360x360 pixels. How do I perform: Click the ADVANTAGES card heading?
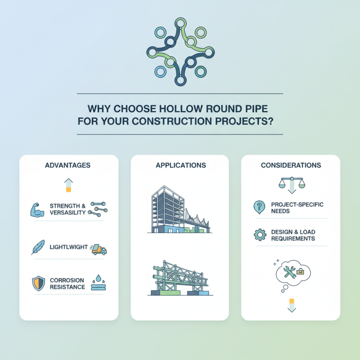pyautogui.click(x=67, y=165)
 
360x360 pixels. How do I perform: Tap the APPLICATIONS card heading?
pyautogui.click(x=180, y=165)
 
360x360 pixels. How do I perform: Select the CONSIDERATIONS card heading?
pyautogui.click(x=291, y=165)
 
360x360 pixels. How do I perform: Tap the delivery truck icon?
pyautogui.click(x=99, y=249)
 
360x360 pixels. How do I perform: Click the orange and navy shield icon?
pyautogui.click(x=38, y=283)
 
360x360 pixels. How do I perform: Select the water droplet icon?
pyautogui.click(x=98, y=280)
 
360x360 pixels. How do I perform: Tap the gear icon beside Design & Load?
pyautogui.click(x=260, y=235)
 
